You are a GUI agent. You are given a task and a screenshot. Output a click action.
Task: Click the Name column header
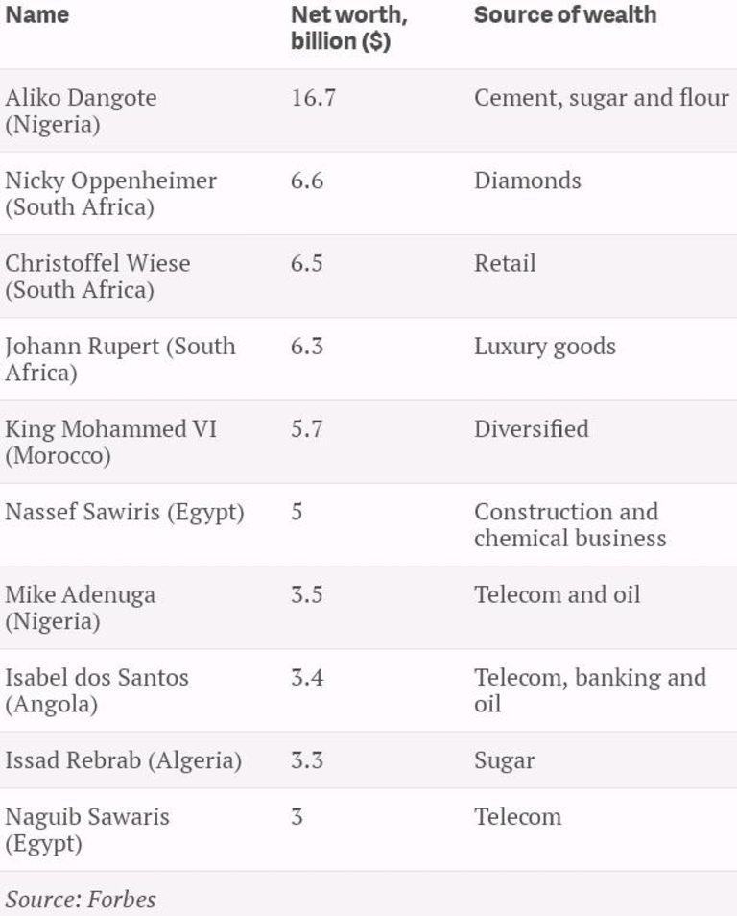pos(36,15)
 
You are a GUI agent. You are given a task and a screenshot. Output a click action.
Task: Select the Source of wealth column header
pos(565,15)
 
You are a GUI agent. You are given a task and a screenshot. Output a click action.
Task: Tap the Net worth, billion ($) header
pos(349,29)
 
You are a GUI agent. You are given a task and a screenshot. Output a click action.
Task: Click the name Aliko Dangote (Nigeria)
pos(81,110)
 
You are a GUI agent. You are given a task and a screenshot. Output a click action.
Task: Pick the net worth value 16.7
pos(313,98)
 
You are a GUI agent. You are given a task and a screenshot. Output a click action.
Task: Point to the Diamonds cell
pos(527,181)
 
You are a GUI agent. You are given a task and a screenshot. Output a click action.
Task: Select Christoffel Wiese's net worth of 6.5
pos(307,263)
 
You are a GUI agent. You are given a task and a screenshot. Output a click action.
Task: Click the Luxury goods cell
pos(544,346)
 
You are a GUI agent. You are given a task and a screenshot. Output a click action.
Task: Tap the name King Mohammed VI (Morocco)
pos(110,442)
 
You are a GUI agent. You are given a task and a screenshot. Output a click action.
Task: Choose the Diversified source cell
pos(531,428)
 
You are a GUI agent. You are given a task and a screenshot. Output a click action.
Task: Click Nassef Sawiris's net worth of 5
pos(297,512)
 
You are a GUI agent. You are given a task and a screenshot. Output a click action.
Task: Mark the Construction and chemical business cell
pos(569,524)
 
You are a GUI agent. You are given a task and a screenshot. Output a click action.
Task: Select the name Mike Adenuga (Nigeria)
pos(80,607)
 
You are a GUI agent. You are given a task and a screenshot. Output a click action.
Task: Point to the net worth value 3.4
pos(307,677)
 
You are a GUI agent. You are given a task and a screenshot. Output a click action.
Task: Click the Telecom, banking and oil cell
pos(589,689)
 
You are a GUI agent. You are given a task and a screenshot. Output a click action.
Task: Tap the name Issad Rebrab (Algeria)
pos(123,760)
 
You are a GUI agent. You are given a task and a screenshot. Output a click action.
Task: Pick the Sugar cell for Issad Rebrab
pos(504,760)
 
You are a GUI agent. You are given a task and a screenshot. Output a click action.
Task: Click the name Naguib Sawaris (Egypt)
pos(86,830)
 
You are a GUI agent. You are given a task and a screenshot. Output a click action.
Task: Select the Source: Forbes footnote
pos(81,899)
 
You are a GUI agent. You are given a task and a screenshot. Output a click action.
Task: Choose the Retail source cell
pos(505,263)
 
